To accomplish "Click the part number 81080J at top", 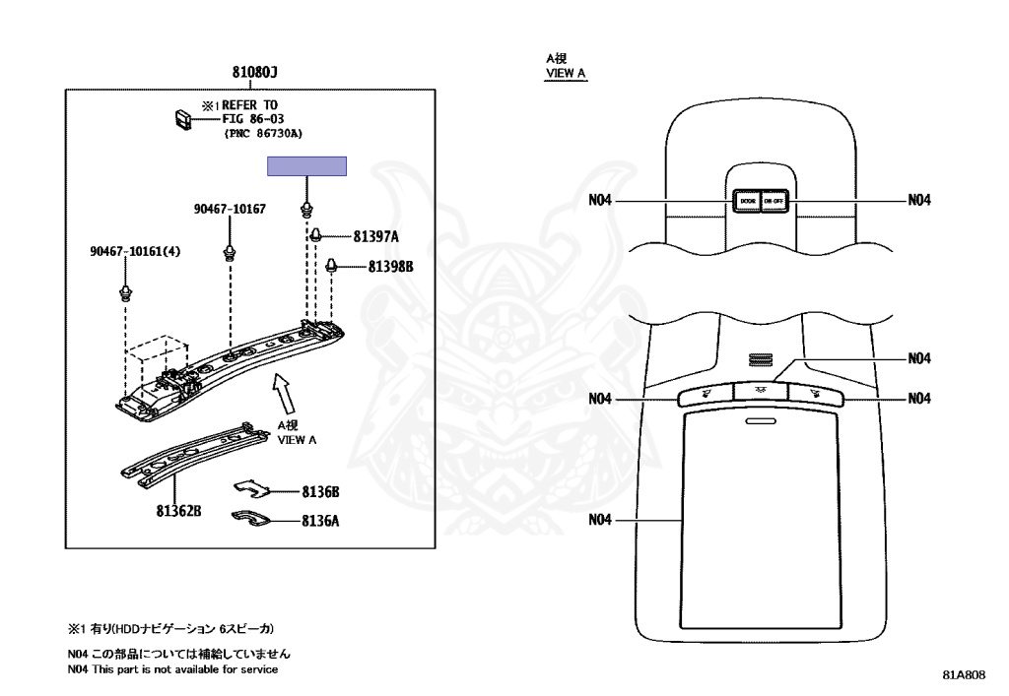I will coord(255,73).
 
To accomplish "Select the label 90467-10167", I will coord(229,210).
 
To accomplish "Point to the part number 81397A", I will coord(375,237).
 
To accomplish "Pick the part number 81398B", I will coord(391,267).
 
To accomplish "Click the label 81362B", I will coord(177,510).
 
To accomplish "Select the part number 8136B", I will coord(320,491).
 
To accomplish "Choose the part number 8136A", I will coord(320,522).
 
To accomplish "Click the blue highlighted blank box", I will coord(307,166).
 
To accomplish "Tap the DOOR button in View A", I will coord(746,201).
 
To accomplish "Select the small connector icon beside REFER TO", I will coord(182,119).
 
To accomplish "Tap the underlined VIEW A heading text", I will coord(566,74).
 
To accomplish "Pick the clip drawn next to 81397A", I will coord(318,235).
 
